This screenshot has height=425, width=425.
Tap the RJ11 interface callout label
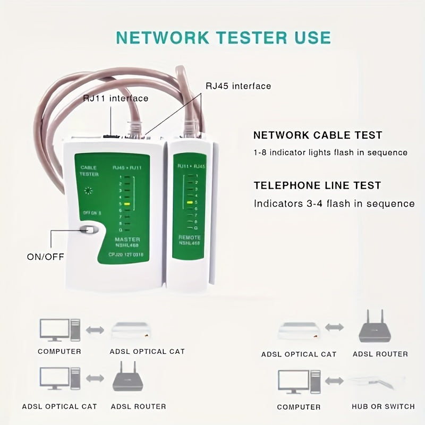[115, 98]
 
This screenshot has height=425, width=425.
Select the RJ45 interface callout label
[238, 86]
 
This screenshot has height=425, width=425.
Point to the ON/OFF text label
[45, 257]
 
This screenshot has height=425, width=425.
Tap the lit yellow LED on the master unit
[127, 203]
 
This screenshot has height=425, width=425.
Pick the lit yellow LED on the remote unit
[189, 203]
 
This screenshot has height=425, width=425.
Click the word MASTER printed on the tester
[127, 240]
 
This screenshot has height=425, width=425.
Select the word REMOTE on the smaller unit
[189, 237]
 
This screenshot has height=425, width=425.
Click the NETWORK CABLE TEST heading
[318, 135]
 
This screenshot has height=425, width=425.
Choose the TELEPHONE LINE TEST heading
[317, 185]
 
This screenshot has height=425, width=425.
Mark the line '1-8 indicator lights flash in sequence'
[330, 152]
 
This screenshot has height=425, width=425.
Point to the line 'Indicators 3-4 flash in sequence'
[334, 203]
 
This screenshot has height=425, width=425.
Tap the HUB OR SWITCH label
[383, 406]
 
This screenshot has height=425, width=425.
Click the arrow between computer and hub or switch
[335, 381]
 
